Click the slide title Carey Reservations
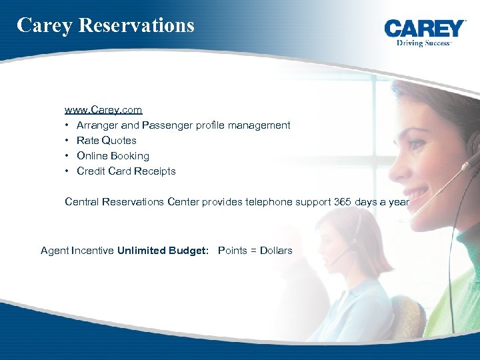point(105,25)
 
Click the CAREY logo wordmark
point(425,29)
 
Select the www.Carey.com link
point(103,109)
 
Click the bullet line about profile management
point(183,125)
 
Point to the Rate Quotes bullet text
point(107,141)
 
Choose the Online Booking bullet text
point(113,156)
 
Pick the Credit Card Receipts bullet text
point(126,171)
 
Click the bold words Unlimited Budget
point(163,251)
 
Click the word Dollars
point(275,251)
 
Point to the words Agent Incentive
point(77,251)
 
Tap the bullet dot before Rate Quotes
point(68,141)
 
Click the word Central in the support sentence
point(82,201)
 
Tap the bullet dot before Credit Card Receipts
point(68,171)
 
